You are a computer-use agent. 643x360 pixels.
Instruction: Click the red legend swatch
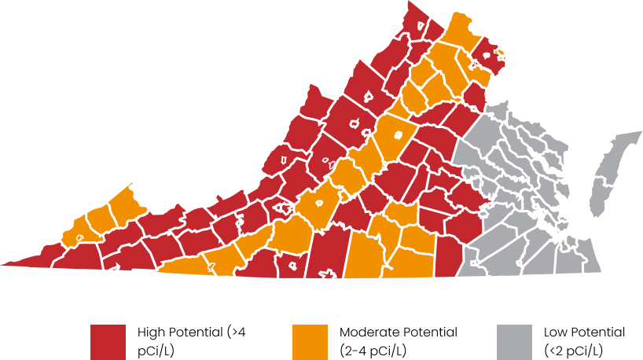click(108, 341)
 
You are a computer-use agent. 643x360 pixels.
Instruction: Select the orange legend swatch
click(310, 341)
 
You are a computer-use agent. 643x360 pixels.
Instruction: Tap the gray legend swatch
click(514, 341)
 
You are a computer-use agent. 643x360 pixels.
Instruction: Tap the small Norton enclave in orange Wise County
click(79, 237)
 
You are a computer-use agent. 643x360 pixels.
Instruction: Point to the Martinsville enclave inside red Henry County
click(292, 266)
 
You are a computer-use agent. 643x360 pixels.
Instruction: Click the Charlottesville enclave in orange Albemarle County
click(398, 134)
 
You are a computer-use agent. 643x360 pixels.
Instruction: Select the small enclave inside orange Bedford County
click(319, 201)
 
